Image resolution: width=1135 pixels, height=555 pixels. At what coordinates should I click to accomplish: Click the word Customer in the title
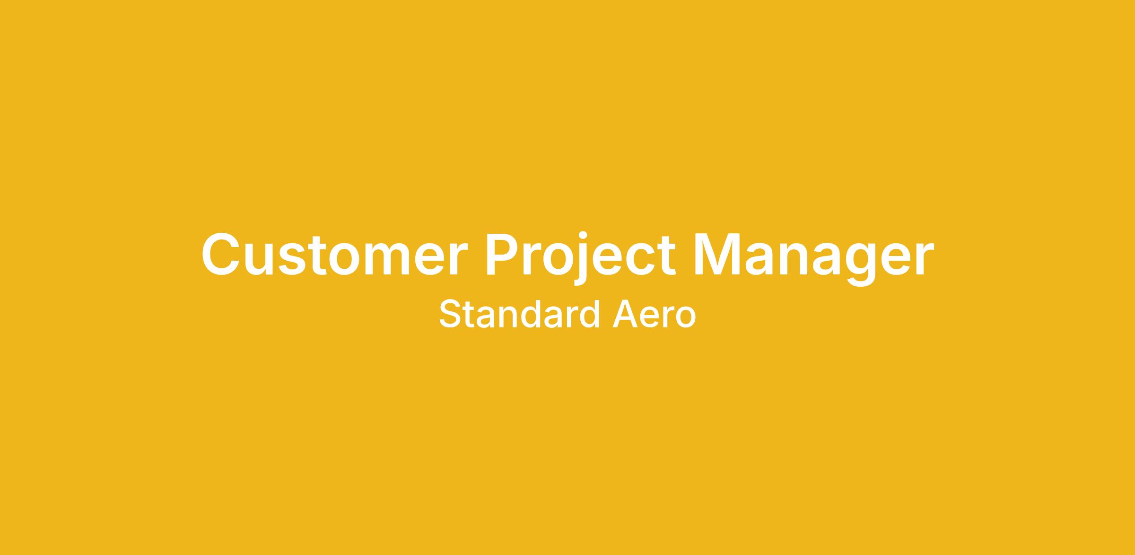coord(334,254)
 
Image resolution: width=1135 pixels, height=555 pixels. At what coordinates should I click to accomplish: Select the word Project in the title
coord(581,258)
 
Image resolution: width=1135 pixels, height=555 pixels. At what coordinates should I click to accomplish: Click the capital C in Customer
coord(220,254)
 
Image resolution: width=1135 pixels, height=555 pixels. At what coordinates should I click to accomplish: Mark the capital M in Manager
coord(717,253)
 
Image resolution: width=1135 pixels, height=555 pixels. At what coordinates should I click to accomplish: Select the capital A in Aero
coord(625,314)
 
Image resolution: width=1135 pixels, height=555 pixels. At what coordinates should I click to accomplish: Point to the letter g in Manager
coord(858,265)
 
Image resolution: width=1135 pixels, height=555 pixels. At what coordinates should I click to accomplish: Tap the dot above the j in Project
coord(583,235)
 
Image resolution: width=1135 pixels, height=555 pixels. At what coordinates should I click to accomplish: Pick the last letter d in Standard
coord(590,314)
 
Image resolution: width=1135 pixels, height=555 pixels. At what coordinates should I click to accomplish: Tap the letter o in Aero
coord(686,317)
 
